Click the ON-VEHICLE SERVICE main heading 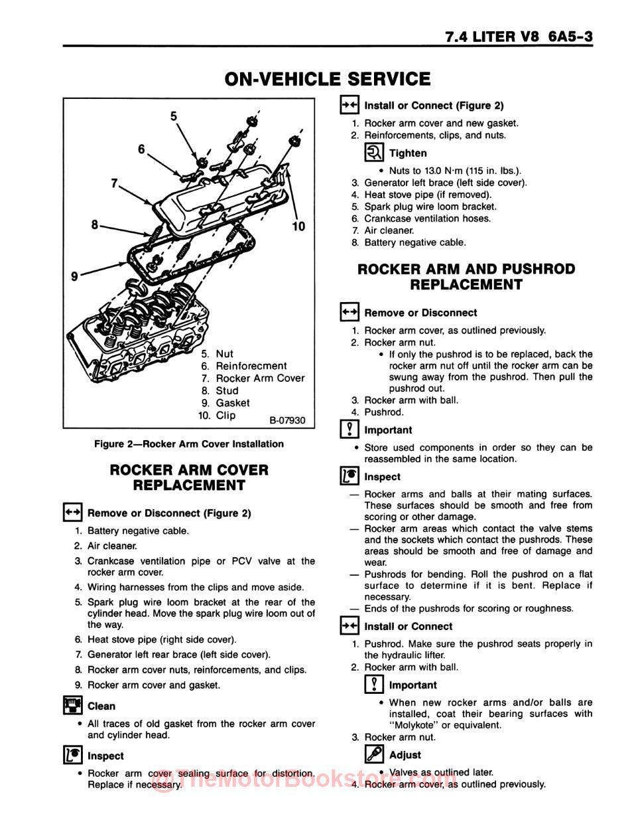[328, 79]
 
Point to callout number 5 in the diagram [174, 116]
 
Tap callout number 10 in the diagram [298, 226]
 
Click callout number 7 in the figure [115, 183]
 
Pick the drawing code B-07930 [287, 420]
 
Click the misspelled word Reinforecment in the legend [251, 366]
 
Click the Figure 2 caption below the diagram [189, 444]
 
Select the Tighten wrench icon [374, 153]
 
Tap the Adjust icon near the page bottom [374, 755]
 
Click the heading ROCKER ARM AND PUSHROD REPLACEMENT [466, 277]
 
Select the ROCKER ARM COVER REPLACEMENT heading [189, 477]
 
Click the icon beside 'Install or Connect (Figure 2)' [349, 105]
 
